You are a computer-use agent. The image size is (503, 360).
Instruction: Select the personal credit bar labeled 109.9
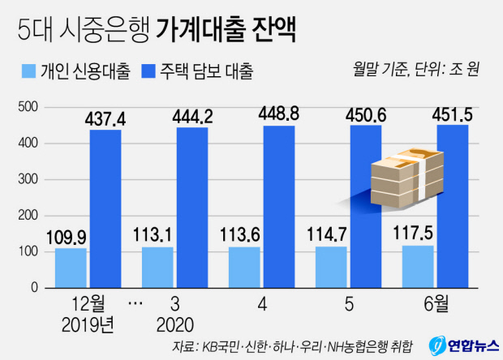pos(71,268)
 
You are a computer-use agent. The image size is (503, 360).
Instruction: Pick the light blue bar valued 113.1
pos(157,267)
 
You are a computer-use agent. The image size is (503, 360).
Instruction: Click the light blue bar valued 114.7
pos(330,267)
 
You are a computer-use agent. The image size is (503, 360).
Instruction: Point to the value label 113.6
pos(244,235)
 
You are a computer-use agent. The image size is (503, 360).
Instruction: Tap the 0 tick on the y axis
pos(33,287)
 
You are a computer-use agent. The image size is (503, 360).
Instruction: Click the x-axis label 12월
pos(88,306)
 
